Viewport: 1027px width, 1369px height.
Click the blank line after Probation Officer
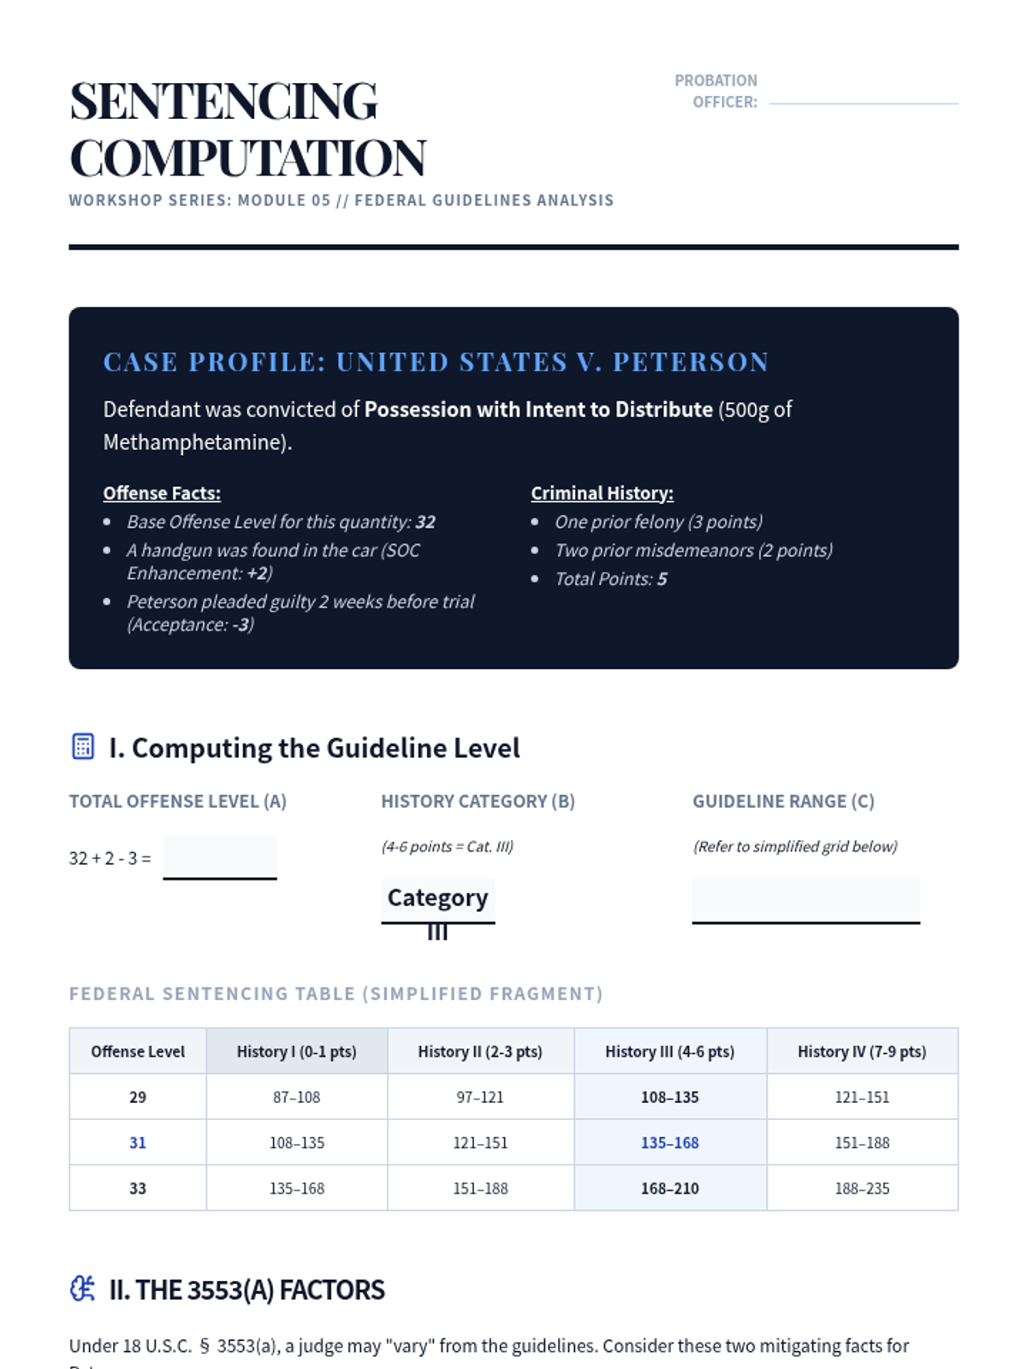[863, 103]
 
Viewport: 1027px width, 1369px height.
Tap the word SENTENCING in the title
[223, 101]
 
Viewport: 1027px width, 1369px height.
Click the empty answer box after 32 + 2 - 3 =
[220, 856]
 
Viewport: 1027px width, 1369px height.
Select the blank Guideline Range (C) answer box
[805, 901]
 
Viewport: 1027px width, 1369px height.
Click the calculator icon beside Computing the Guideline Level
[83, 746]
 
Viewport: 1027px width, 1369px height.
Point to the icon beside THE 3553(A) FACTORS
[82, 1289]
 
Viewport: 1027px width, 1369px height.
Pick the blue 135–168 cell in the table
[669, 1143]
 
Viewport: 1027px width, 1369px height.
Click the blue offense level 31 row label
[138, 1143]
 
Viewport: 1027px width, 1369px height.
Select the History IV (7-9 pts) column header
[862, 1052]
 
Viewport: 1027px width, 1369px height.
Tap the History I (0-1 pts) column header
[296, 1052]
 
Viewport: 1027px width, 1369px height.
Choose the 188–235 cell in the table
[862, 1188]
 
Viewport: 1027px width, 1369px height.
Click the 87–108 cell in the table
[296, 1097]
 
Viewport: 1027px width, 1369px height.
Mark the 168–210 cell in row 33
[669, 1188]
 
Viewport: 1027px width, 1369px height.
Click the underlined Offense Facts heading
[162, 494]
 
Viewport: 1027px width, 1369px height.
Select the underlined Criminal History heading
[602, 494]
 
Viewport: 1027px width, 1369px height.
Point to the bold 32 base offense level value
[425, 522]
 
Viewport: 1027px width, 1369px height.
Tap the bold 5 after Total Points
[662, 579]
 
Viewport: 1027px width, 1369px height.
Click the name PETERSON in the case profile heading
[691, 362]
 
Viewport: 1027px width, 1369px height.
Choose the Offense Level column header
[138, 1052]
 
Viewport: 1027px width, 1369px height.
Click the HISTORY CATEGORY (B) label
[478, 802]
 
